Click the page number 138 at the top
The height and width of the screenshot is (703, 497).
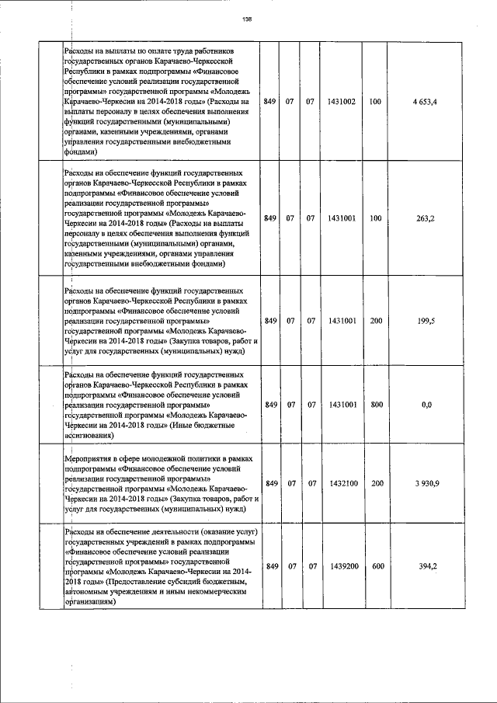[248, 19]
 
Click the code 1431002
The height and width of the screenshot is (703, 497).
[342, 102]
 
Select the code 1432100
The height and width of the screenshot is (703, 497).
[342, 483]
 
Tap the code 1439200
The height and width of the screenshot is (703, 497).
[342, 566]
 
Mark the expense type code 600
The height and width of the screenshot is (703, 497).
[378, 566]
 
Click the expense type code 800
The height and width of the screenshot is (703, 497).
[378, 405]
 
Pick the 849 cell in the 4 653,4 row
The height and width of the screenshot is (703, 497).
[270, 102]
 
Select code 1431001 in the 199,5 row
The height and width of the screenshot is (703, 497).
[342, 320]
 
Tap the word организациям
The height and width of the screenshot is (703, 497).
[93, 601]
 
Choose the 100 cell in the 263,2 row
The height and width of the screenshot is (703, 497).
[378, 219]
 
